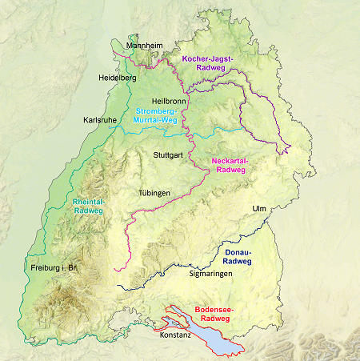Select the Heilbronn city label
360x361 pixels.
168,102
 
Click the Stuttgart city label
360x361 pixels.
169,154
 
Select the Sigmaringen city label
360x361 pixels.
210,274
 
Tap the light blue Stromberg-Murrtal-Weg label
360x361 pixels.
156,115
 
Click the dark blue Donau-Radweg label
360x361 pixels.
235,256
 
